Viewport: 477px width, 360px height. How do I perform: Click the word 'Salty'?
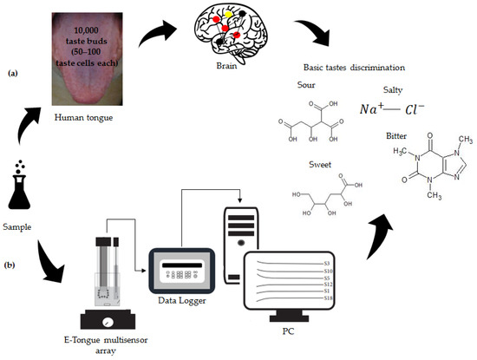point(393,89)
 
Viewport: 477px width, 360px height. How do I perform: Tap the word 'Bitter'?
point(395,135)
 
